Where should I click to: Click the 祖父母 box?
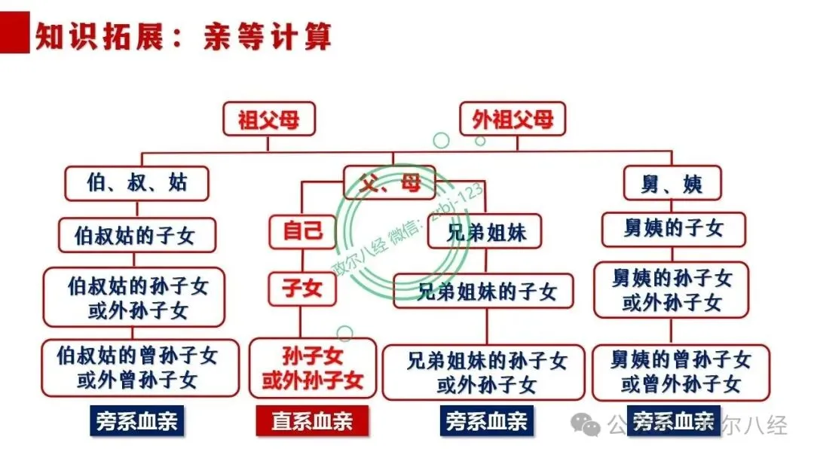click(x=269, y=119)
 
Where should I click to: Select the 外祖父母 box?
click(x=513, y=119)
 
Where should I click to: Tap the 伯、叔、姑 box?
click(x=136, y=183)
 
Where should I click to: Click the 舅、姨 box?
click(x=673, y=183)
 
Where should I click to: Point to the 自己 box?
click(x=303, y=231)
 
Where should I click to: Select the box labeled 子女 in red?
click(x=302, y=289)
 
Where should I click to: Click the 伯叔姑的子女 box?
click(x=136, y=235)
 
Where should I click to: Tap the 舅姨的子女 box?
click(x=673, y=229)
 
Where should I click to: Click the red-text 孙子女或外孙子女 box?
click(x=313, y=368)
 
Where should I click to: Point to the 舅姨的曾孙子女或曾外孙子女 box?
click(x=681, y=372)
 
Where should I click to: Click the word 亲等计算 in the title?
click(x=267, y=36)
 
